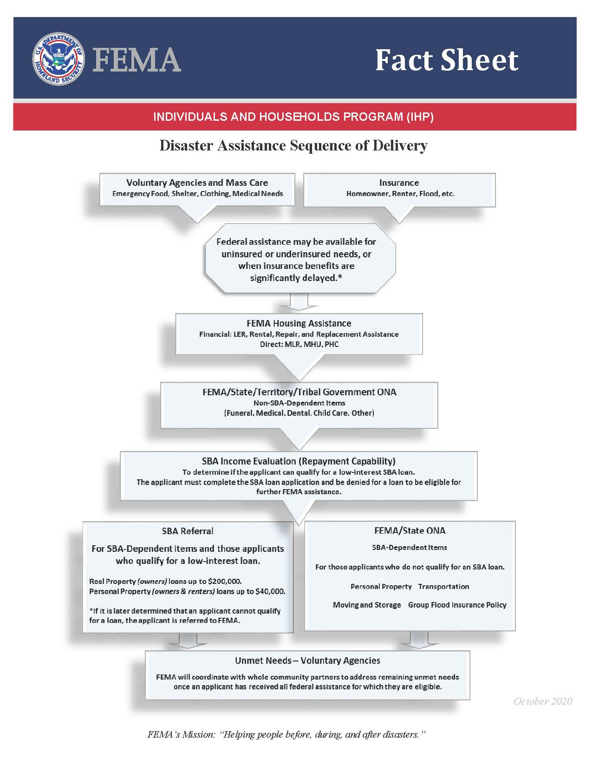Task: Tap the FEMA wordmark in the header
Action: pos(137,59)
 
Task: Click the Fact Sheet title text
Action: pos(446,60)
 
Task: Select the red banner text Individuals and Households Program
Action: pos(293,117)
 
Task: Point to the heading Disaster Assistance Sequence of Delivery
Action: pos(293,146)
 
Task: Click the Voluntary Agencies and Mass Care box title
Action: pos(197,183)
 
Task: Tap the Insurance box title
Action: pos(399,183)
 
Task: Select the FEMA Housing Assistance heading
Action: pos(299,323)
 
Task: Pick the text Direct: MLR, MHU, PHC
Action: pos(299,344)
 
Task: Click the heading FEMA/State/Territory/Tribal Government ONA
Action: pos(299,392)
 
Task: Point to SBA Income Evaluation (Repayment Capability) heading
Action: pos(299,461)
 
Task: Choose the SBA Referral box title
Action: pos(188,531)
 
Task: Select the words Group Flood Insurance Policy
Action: pos(457,605)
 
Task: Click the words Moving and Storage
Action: pos(367,605)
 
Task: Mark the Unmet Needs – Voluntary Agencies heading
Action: pos(307,661)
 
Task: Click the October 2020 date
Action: pos(543,701)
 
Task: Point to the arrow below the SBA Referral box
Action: pos(188,640)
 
